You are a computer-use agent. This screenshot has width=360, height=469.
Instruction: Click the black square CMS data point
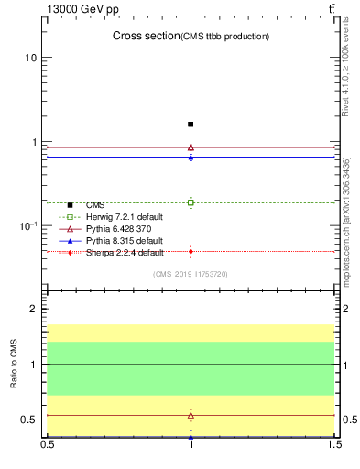[x=191, y=124]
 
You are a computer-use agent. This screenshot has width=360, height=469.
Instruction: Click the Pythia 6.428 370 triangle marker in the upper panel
[x=191, y=147]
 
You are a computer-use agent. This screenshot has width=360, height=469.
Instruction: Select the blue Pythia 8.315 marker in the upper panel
[x=191, y=158]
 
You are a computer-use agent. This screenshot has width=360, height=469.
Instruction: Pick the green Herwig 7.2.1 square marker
[x=191, y=202]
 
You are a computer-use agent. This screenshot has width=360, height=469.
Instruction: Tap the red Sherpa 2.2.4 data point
[x=191, y=251]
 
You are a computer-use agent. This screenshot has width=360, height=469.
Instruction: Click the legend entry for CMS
[x=95, y=205]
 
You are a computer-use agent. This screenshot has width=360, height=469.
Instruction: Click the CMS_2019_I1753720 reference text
[x=191, y=274]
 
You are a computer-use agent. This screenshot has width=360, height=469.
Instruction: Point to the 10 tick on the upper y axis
[x=30, y=58]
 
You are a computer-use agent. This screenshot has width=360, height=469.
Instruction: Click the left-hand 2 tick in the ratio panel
[x=32, y=309]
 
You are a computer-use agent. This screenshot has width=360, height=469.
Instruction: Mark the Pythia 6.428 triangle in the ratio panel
[x=191, y=415]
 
